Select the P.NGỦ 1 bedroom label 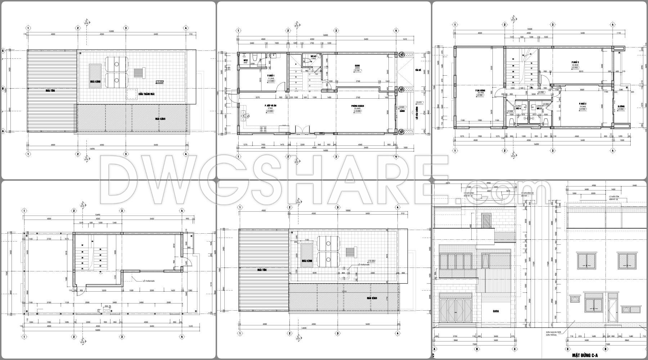[271, 76]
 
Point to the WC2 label [246, 60]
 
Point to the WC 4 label [519, 108]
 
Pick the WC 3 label [539, 108]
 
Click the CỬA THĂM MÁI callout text [147, 94]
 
